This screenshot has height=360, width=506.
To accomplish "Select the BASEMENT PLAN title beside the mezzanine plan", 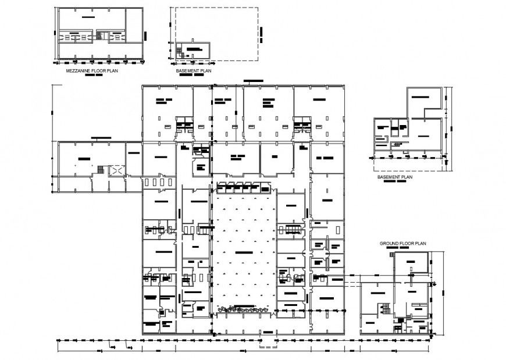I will pos(193,70).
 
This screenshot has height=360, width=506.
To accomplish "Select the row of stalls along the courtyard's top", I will pos(243,188).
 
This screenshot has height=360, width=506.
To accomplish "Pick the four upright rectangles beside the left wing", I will pos(157,182).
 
